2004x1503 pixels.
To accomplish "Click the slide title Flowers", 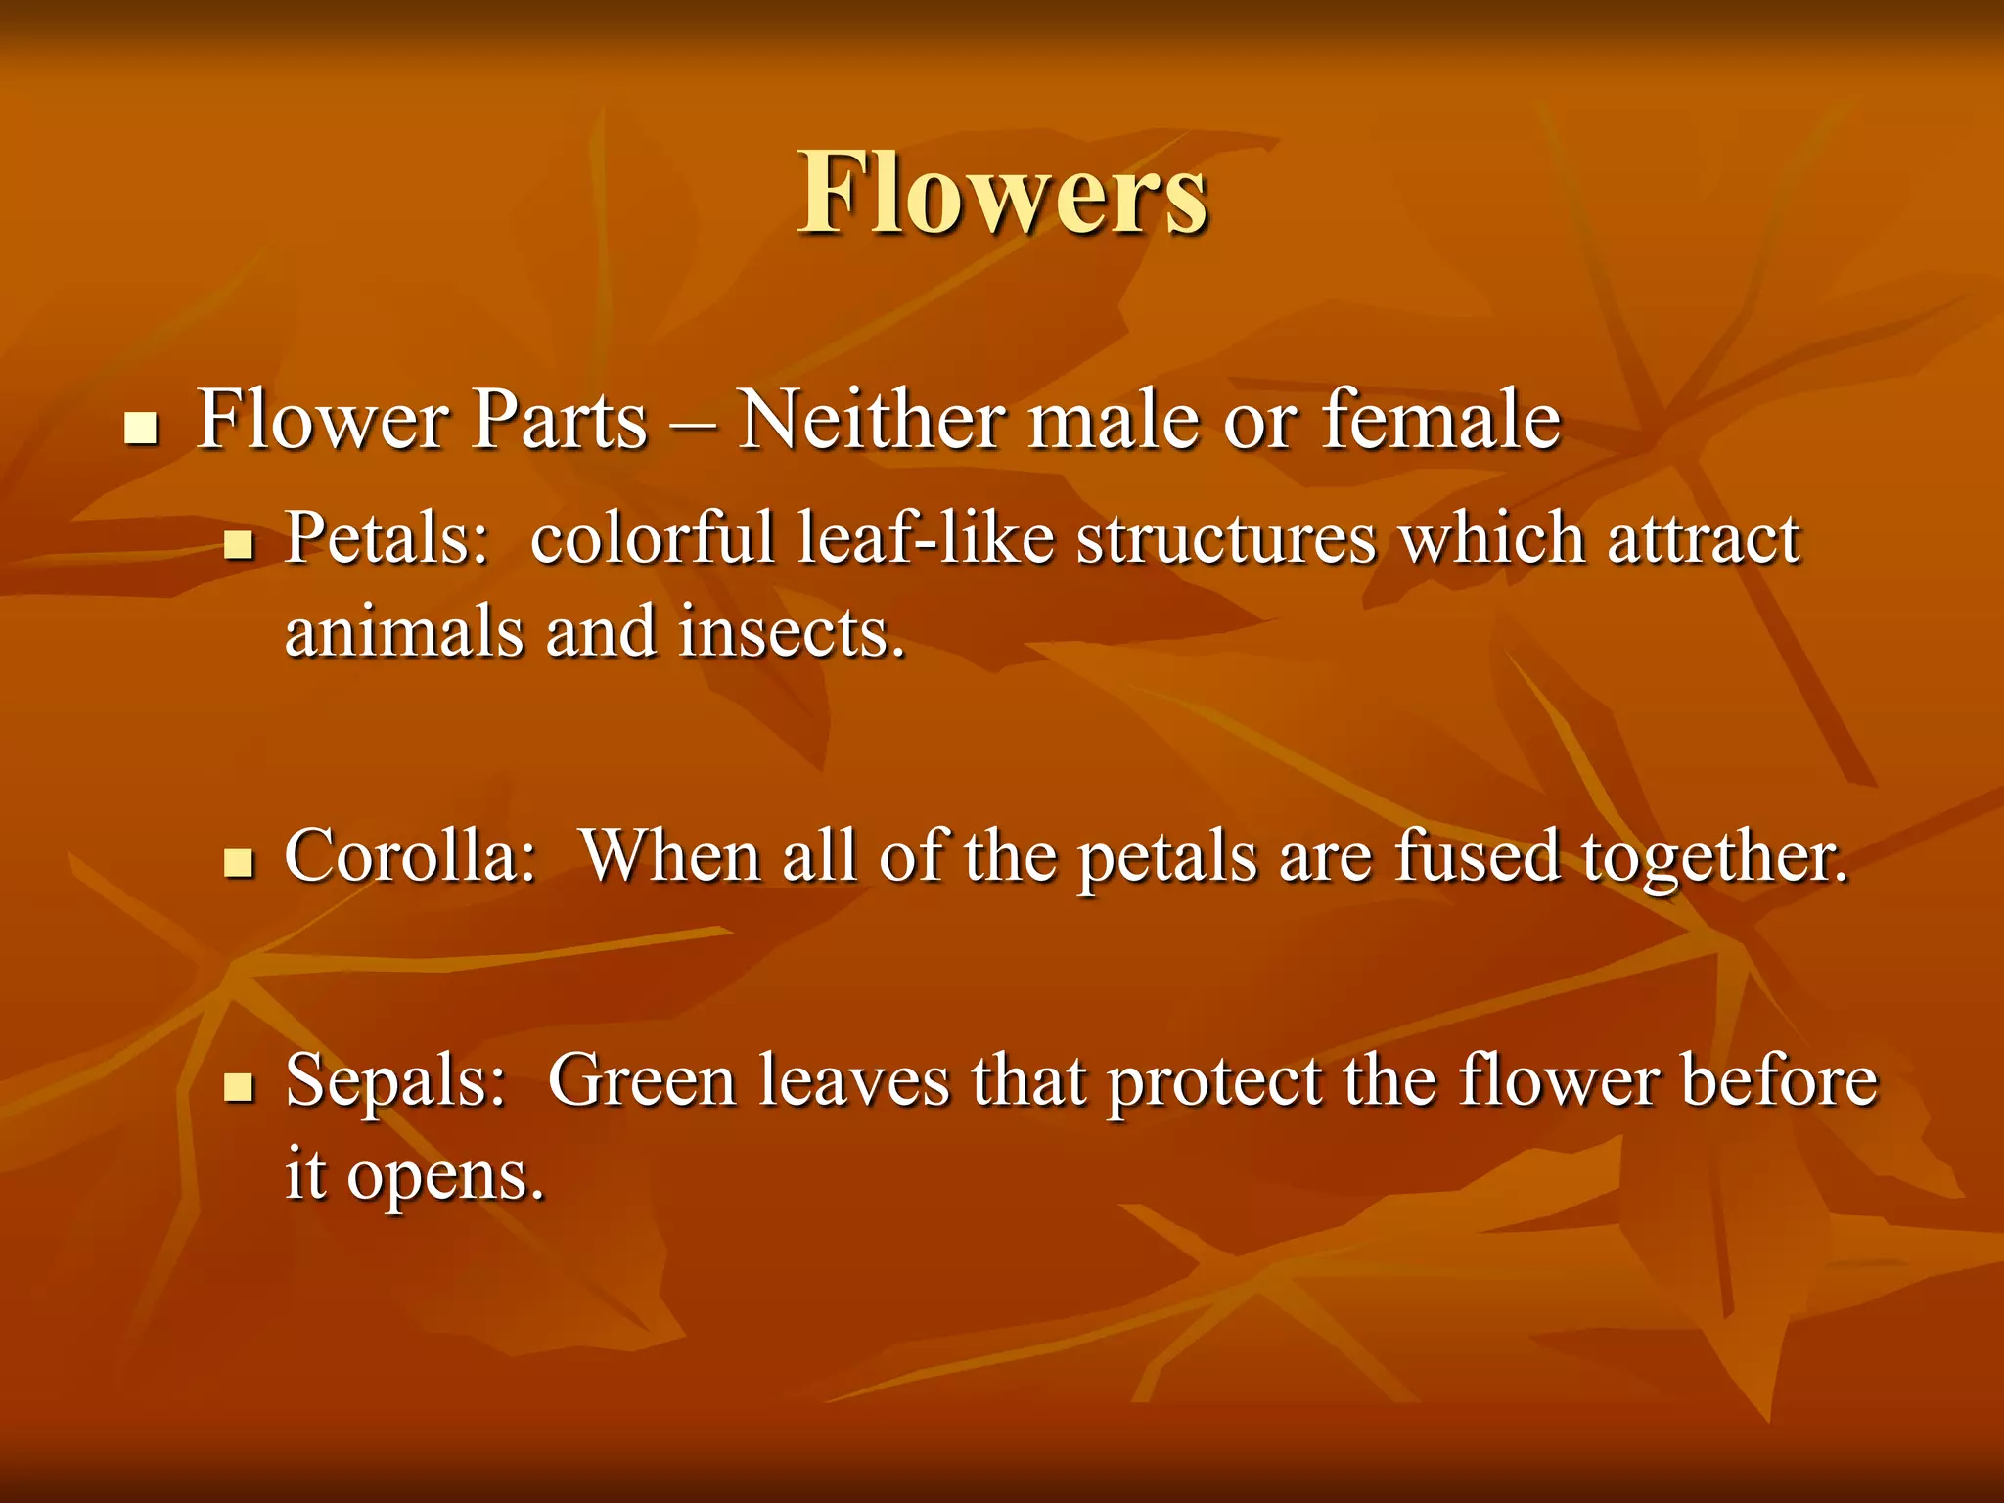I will (1002, 194).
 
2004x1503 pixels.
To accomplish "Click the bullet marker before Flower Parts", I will (142, 429).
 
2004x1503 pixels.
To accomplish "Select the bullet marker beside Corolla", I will (239, 862).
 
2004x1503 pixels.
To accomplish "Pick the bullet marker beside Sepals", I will (239, 1086).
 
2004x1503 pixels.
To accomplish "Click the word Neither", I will (871, 421).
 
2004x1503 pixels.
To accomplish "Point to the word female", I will (1440, 421).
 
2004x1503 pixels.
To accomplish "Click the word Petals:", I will (387, 540).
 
